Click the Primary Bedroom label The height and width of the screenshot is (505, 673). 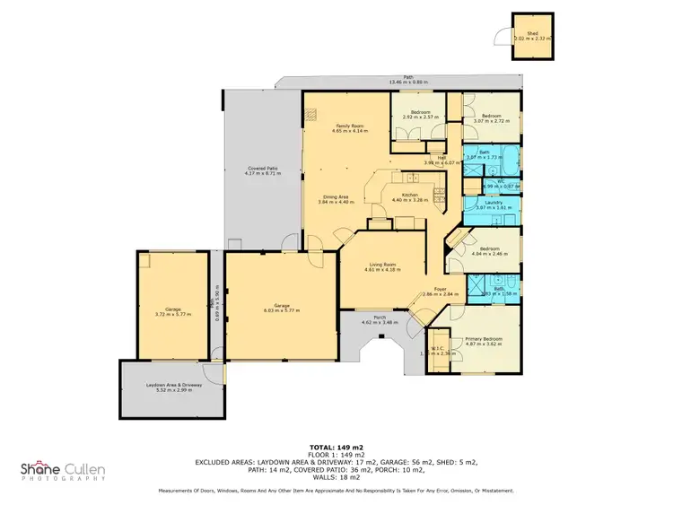[x=483, y=338]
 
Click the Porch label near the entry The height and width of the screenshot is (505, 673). [x=380, y=318]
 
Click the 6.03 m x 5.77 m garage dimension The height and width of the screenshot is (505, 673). [x=282, y=310]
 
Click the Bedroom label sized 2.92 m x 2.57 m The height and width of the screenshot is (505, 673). [x=420, y=112]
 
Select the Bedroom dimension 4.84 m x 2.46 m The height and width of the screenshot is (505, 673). [x=490, y=254]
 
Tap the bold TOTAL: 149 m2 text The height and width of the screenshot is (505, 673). [x=336, y=446]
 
